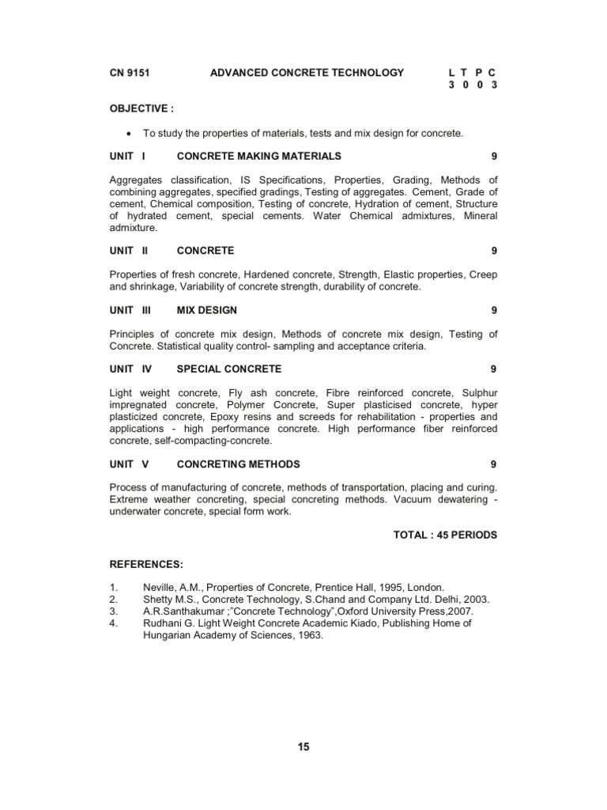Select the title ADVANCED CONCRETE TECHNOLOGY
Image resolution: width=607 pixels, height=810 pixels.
point(307,73)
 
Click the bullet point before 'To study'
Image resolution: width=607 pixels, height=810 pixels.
point(127,134)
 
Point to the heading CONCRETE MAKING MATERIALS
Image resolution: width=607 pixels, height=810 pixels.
point(259,156)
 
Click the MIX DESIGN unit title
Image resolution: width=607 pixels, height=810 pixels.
point(207,310)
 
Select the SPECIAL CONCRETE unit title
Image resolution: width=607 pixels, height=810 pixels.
point(229,369)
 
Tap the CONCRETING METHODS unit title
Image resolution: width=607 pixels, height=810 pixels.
point(239,464)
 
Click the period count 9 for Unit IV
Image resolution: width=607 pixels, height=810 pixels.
point(493,369)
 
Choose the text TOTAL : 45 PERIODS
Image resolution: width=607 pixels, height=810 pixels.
point(445,535)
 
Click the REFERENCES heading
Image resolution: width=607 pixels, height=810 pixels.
point(146,564)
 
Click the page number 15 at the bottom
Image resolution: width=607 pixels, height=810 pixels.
point(303,748)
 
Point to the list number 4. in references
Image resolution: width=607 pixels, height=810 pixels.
point(114,623)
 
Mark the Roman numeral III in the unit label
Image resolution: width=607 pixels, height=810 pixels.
point(146,310)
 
